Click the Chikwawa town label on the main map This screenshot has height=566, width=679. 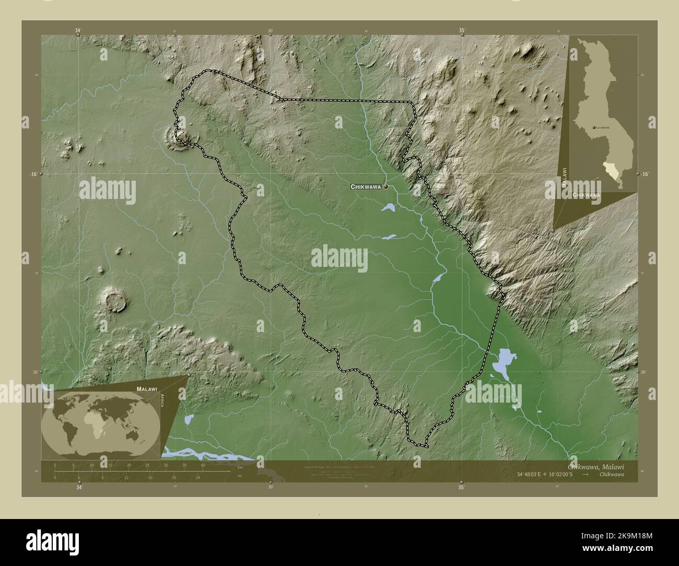click(366, 186)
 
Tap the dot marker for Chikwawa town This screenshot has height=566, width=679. click(386, 186)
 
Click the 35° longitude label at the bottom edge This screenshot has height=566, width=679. click(461, 488)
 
